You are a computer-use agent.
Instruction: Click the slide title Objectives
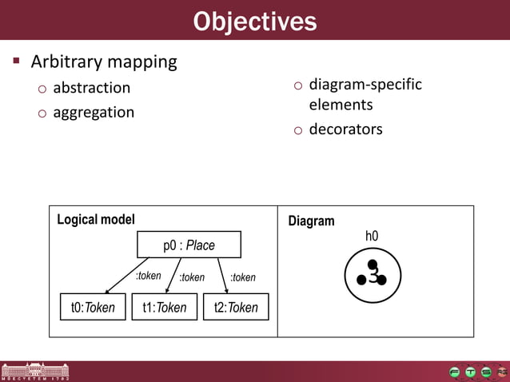(254, 21)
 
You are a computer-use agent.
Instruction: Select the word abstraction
(91, 88)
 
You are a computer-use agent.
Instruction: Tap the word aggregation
(94, 112)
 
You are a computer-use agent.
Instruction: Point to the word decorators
(345, 129)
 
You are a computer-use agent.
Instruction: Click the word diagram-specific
(365, 84)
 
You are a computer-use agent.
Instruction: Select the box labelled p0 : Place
(189, 245)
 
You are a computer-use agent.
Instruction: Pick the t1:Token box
(164, 307)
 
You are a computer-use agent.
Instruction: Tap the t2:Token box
(236, 307)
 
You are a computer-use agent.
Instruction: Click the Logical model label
(96, 219)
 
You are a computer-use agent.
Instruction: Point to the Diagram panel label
(311, 221)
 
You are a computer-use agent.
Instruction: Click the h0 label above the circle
(372, 236)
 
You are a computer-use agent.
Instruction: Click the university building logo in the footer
(34, 371)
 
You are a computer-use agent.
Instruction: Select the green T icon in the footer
(470, 372)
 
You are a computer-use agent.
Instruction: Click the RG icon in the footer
(501, 372)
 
